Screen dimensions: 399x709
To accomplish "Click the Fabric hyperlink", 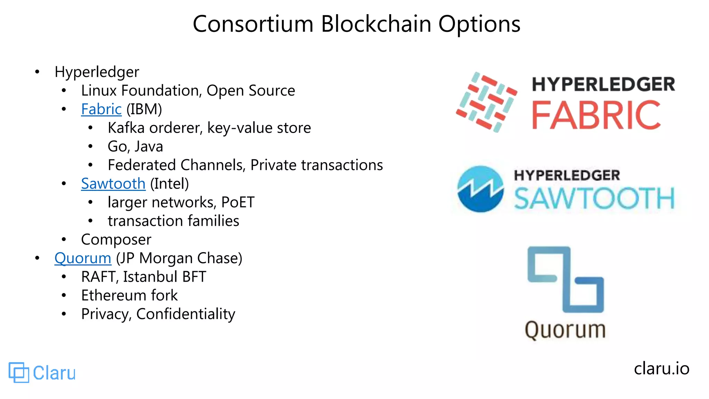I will pos(101,109).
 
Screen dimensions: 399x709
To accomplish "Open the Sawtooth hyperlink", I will pos(113,184).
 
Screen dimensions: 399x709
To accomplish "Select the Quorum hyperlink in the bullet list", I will pos(83,258).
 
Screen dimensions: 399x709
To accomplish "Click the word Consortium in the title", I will pos(253,24).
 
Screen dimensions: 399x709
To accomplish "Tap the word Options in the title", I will pos(479,24).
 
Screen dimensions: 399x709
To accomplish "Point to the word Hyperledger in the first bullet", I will pos(97,72).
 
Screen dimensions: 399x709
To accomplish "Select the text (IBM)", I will pos(144,109).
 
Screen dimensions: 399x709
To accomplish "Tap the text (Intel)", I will pos(169,184).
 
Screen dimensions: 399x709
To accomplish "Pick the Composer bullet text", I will pos(116,240).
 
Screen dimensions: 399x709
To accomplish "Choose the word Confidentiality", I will pos(186,314).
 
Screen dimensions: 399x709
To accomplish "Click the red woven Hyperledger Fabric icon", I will pos(486,102).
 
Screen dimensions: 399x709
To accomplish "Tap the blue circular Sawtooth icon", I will pos(480,189).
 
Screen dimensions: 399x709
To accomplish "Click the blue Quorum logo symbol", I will pos(566,279).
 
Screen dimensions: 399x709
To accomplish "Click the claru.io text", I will pos(661,369).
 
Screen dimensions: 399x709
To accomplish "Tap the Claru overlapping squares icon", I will pos(19,373).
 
